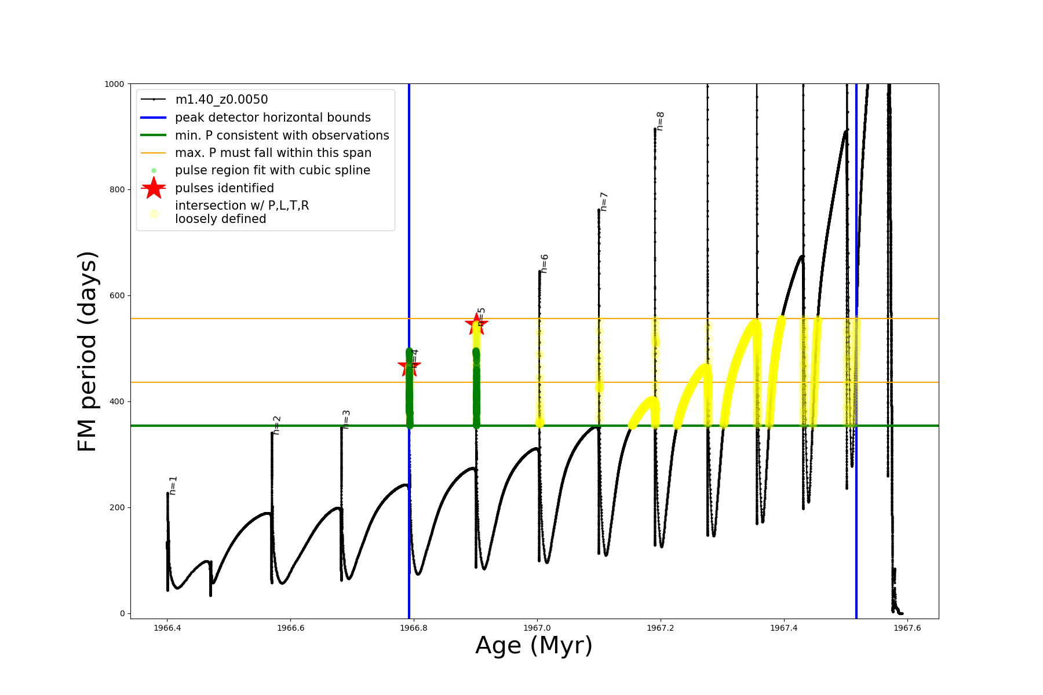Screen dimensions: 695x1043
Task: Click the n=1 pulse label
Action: (173, 485)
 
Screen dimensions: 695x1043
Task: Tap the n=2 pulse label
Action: (277, 425)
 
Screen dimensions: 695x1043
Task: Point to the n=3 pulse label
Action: (347, 419)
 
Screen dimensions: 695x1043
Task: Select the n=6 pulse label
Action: (544, 264)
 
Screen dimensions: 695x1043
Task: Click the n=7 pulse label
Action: (603, 202)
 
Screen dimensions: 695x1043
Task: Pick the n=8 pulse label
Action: (660, 121)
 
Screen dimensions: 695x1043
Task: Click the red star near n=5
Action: (476, 324)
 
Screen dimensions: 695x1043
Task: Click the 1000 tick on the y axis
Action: (114, 84)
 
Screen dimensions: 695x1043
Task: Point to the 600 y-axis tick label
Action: (116, 295)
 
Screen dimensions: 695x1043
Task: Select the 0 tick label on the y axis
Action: (122, 613)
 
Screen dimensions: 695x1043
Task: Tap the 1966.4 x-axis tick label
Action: (167, 628)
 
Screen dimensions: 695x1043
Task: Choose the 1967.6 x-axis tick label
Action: (907, 628)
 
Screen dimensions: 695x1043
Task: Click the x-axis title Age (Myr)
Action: (534, 646)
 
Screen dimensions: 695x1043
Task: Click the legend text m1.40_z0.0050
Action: (221, 100)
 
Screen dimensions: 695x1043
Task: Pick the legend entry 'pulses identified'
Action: (224, 188)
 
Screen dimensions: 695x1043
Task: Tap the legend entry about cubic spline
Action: (272, 170)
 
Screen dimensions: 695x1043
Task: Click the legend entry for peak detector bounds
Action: (272, 118)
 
